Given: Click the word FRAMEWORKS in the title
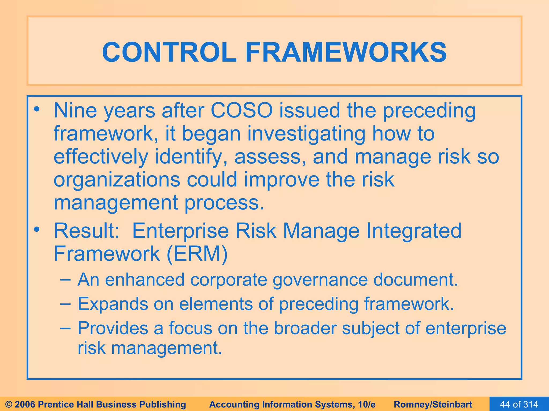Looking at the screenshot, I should click(x=346, y=52).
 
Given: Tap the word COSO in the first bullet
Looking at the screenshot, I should click(x=242, y=110).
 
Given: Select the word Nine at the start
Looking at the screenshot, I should click(x=75, y=110).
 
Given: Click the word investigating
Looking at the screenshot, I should click(x=306, y=134).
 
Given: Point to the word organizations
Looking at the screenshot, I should click(x=117, y=180).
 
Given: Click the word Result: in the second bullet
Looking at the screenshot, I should click(x=87, y=231).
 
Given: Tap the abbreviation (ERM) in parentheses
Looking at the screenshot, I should click(x=197, y=254).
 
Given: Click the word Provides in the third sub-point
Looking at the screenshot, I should click(x=113, y=328).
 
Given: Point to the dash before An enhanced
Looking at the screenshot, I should click(x=66, y=280).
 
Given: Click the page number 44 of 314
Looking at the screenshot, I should click(x=519, y=404).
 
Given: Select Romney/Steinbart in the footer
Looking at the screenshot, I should click(x=433, y=404).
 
